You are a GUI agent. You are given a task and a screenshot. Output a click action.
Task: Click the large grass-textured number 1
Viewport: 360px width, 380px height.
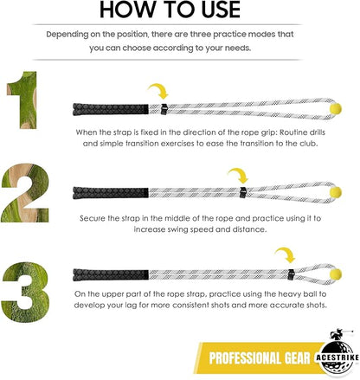tap(25, 100)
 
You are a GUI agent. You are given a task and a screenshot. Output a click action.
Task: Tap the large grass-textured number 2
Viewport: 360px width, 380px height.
tap(25, 193)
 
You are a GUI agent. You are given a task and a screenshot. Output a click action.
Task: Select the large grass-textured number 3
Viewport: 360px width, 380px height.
tap(25, 292)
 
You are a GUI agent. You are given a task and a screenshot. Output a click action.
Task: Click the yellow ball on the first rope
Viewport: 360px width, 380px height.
tap(336, 108)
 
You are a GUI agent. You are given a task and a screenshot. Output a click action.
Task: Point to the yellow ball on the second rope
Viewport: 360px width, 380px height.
tap(336, 192)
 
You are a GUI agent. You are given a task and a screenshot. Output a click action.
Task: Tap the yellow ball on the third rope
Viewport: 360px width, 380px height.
tap(336, 274)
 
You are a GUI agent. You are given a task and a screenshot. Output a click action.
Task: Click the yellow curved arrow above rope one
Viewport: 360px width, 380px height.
tap(159, 91)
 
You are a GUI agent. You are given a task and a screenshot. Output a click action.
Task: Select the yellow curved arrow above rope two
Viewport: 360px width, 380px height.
tap(239, 176)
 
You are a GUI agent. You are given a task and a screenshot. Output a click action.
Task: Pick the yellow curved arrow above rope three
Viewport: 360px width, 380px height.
tap(286, 254)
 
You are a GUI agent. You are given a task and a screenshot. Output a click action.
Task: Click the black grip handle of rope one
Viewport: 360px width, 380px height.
tap(111, 109)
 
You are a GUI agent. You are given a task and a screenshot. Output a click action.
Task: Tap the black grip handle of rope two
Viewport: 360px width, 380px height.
tap(111, 193)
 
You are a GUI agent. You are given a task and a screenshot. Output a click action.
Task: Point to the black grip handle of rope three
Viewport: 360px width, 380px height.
tap(111, 274)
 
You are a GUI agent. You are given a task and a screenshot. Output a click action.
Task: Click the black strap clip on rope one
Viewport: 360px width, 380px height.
tap(164, 109)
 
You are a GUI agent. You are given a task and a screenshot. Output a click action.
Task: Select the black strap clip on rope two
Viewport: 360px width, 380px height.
tap(243, 193)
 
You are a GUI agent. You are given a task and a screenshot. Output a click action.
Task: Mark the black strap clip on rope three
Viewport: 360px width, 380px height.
tap(291, 274)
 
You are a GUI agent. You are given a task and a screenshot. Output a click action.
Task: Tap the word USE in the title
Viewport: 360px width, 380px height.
tap(221, 10)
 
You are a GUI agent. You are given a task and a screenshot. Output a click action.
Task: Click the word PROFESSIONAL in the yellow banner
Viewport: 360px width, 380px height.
tap(245, 358)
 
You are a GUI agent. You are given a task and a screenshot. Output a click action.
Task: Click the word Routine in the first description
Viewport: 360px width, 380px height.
tap(294, 132)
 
